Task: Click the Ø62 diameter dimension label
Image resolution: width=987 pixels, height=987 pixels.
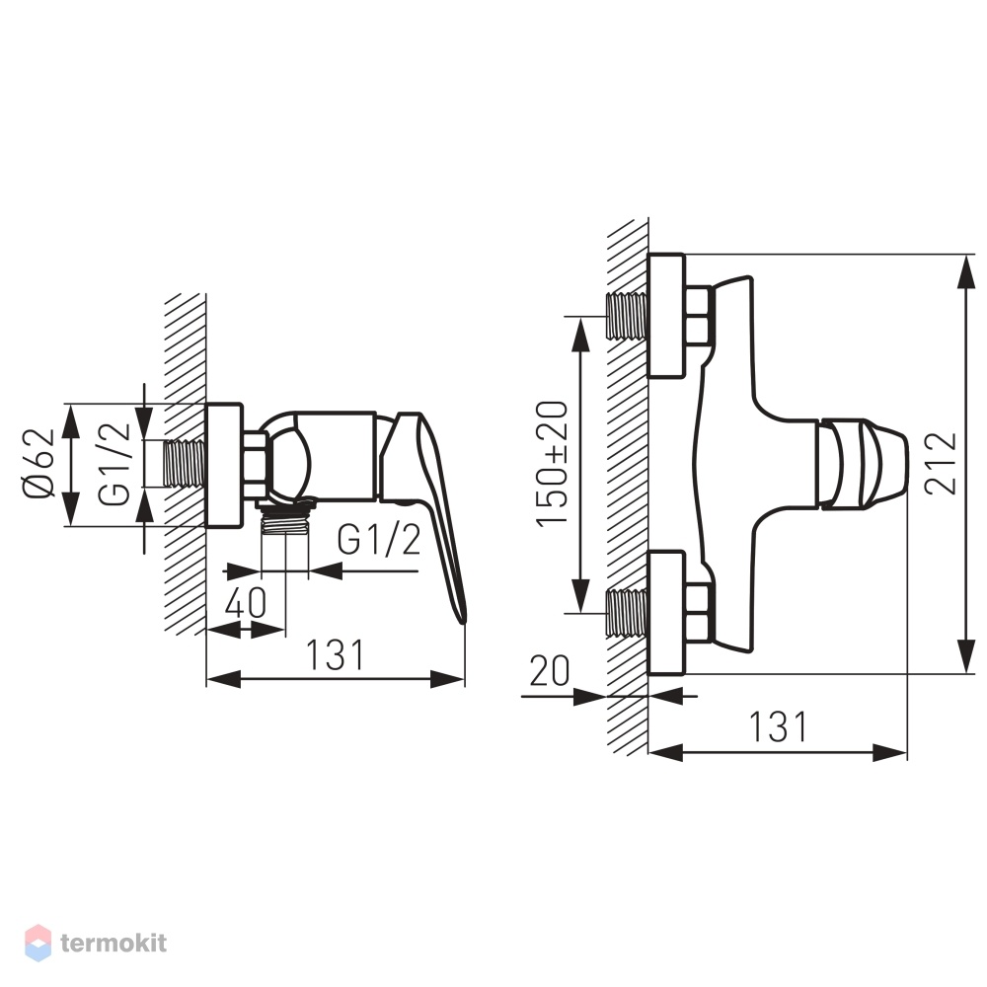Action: [39, 464]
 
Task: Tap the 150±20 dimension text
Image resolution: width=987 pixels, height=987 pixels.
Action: [552, 463]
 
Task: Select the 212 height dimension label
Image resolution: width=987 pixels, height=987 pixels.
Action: [941, 463]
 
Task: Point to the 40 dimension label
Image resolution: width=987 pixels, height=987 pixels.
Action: [246, 602]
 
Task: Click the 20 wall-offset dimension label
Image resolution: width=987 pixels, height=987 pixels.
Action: [550, 670]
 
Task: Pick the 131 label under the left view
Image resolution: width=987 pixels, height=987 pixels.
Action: [335, 654]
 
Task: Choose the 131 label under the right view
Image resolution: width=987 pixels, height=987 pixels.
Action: [778, 727]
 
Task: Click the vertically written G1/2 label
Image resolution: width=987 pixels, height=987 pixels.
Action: [114, 464]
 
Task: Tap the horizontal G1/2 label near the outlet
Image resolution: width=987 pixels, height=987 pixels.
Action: [379, 540]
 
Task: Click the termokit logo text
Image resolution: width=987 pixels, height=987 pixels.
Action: [114, 943]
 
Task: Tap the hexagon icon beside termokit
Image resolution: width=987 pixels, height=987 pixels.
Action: [38, 943]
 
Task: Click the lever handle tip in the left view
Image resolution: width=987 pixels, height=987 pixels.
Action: [463, 619]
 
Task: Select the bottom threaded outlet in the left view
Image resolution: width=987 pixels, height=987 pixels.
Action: [284, 519]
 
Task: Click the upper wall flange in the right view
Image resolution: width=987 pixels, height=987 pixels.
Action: [666, 316]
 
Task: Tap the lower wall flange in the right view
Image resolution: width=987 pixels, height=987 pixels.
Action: [666, 613]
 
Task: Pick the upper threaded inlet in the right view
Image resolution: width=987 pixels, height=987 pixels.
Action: [627, 316]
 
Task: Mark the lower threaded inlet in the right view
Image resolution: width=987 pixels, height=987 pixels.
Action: [627, 613]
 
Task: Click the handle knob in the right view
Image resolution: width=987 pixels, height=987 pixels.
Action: [862, 463]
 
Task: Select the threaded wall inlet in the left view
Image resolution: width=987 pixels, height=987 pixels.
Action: [186, 464]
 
